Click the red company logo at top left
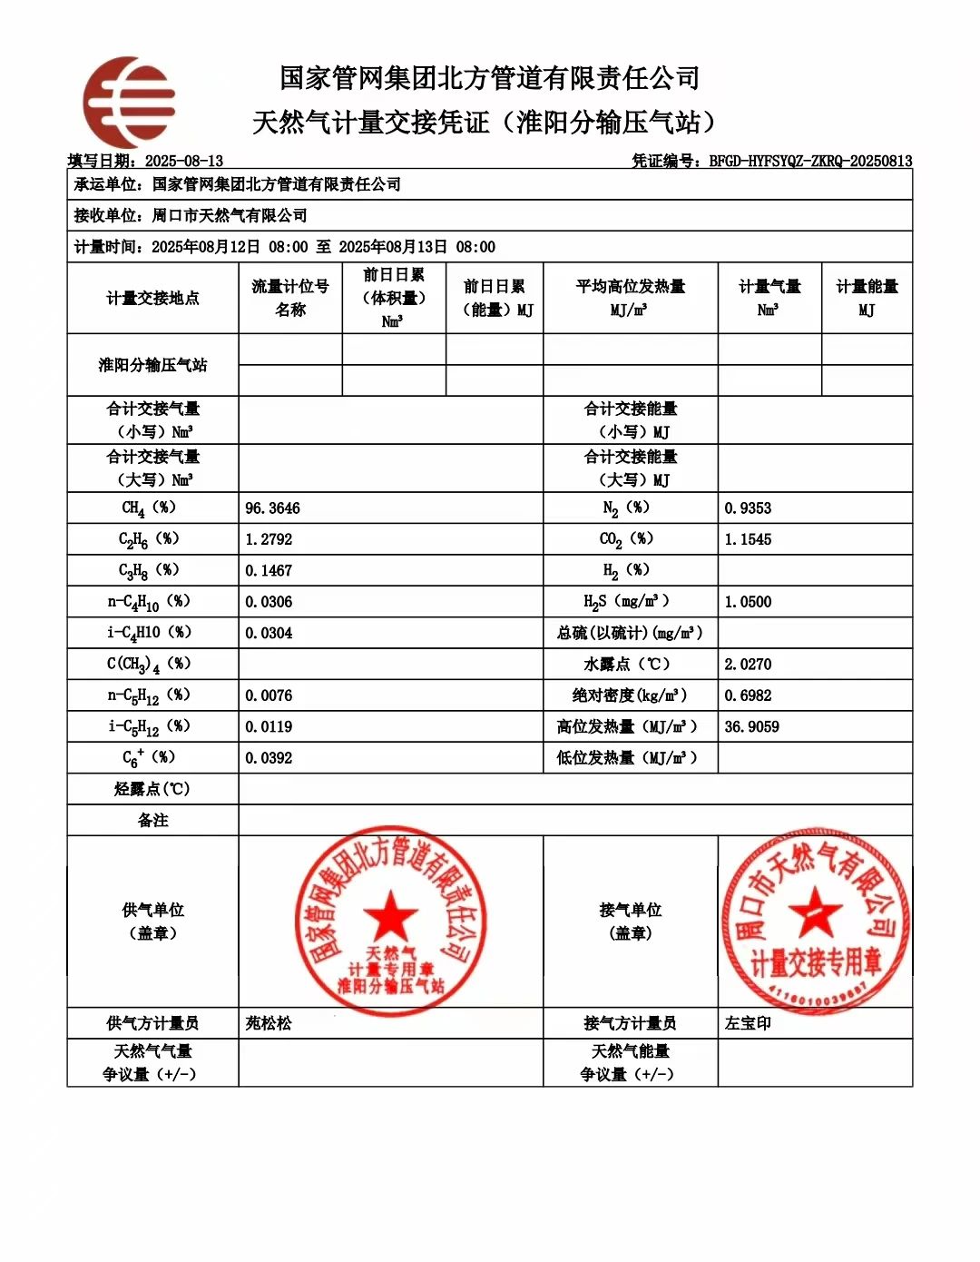tap(128, 102)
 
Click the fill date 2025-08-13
tap(184, 162)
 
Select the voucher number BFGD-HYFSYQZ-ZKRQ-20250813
tap(810, 162)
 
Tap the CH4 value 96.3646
tap(272, 508)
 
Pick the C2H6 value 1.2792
tap(269, 539)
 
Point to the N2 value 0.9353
tap(748, 508)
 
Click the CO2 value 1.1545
tap(748, 539)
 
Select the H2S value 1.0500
tap(748, 602)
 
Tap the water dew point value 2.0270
tap(748, 665)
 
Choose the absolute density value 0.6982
tap(748, 695)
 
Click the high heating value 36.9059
tap(751, 727)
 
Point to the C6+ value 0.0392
tap(269, 758)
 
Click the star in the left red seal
tap(391, 915)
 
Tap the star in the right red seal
tap(814, 911)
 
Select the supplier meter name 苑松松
tap(269, 1023)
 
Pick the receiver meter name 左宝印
tap(748, 1023)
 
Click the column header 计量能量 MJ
tap(867, 298)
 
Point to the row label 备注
tap(152, 821)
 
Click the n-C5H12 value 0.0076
tap(269, 695)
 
